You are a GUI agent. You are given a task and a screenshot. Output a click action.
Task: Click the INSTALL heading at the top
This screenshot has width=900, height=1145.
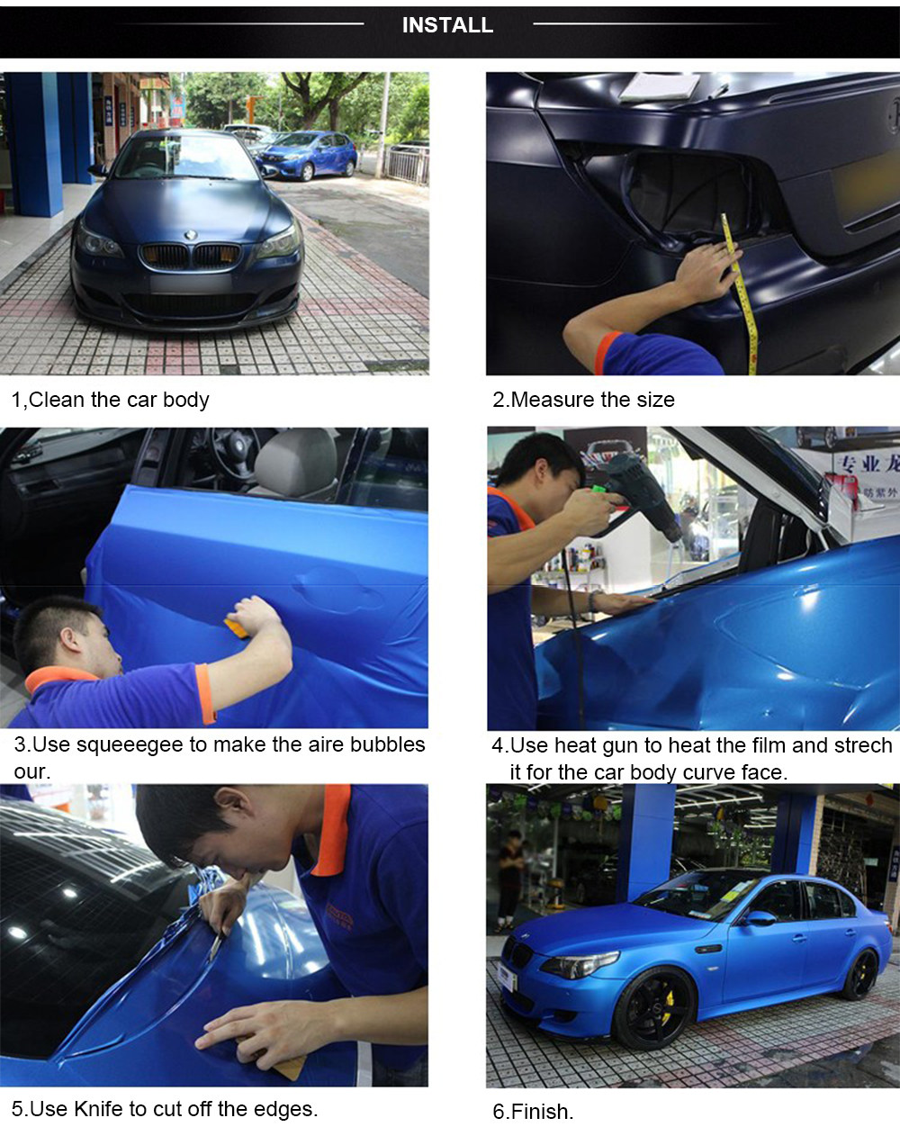coord(447,25)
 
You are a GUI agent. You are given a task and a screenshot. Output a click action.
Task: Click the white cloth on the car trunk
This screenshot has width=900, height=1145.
coord(660,86)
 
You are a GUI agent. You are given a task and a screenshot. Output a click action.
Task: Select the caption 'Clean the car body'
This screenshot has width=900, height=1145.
coord(119,400)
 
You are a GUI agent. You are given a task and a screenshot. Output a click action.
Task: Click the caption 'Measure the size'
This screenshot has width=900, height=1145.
coord(592,400)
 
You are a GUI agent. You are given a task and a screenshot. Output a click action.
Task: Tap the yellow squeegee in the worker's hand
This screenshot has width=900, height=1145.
coord(236,627)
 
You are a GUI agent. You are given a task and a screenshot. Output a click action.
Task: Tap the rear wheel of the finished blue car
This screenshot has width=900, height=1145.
coord(859,975)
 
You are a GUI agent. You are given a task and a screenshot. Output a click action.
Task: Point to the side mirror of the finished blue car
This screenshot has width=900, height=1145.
coord(759,918)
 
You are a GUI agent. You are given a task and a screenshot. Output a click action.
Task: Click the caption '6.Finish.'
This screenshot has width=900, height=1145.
coord(533,1112)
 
